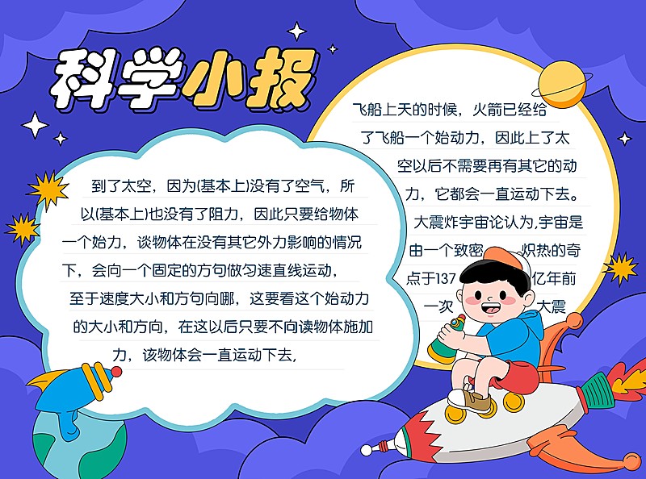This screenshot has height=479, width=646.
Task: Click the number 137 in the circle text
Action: (x=449, y=278)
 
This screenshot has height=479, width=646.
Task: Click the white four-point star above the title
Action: (x=297, y=32)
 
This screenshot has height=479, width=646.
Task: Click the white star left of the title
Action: (x=35, y=125)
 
